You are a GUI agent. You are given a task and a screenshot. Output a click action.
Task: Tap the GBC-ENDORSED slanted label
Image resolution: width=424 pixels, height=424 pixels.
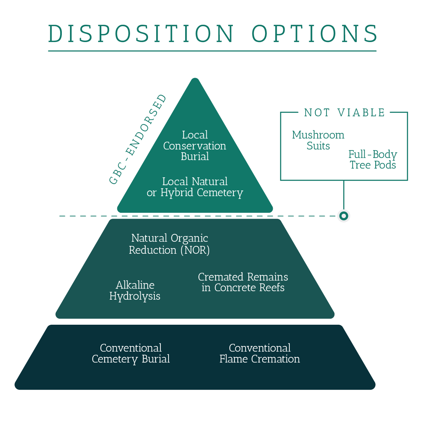click(x=137, y=139)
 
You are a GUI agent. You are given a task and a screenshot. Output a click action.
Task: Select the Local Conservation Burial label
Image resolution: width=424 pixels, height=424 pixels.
click(x=195, y=146)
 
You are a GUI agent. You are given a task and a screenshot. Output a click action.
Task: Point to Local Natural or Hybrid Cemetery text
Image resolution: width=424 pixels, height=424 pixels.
click(x=195, y=187)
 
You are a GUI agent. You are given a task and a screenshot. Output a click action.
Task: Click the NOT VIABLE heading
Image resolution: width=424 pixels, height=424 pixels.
click(x=344, y=113)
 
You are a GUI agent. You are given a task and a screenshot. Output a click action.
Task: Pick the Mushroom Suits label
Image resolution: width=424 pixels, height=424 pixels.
click(x=318, y=140)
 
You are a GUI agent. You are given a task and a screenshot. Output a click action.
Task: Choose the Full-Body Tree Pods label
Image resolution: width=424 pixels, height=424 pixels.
click(x=373, y=159)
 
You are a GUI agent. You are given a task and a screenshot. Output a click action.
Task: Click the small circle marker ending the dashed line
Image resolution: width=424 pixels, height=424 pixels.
click(x=344, y=216)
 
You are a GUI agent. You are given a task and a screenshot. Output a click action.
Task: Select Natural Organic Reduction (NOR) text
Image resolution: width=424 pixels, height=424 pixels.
click(x=170, y=244)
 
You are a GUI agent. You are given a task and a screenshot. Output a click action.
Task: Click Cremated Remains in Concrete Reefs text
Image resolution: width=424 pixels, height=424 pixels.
click(x=243, y=282)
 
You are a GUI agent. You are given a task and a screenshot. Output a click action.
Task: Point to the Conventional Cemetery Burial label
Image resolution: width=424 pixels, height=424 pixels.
click(x=131, y=354)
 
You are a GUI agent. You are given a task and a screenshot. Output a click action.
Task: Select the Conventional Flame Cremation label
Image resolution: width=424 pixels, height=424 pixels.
click(x=260, y=354)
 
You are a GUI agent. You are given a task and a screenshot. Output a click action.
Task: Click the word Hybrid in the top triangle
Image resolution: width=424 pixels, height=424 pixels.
click(x=177, y=193)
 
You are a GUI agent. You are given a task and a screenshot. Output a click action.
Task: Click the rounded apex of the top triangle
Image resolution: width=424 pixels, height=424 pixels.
click(x=195, y=79)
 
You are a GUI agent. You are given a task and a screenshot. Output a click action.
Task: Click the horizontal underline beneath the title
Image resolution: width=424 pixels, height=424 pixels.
click(x=212, y=51)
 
